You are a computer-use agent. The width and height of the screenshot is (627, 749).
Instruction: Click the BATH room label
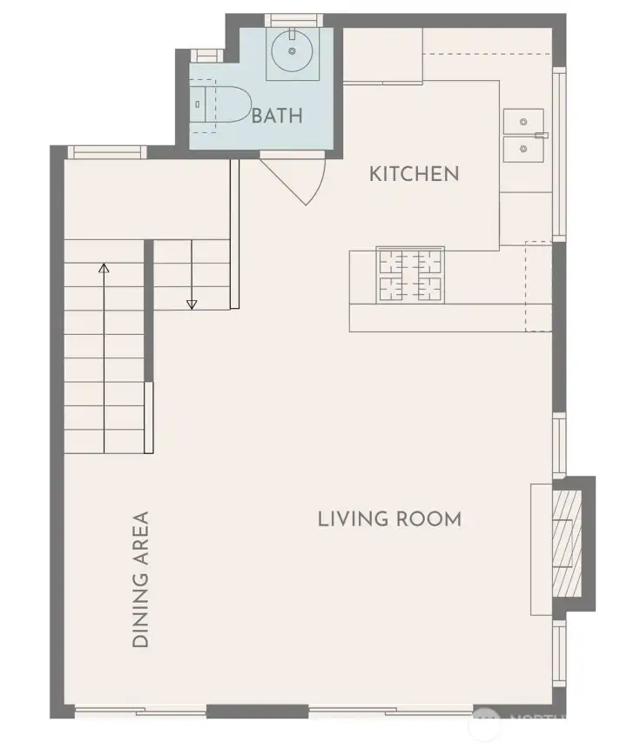(277, 115)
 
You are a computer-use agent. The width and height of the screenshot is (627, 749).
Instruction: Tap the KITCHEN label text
(414, 173)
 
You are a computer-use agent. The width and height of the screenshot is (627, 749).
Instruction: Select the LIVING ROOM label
(388, 519)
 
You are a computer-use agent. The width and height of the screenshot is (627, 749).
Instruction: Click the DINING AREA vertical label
(140, 578)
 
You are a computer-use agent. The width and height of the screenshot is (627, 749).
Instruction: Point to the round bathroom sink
(288, 53)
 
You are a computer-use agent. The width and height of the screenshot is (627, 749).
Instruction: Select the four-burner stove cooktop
(409, 275)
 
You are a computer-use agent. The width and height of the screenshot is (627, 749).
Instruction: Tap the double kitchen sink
(522, 137)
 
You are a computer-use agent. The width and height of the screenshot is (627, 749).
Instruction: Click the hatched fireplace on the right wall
(568, 543)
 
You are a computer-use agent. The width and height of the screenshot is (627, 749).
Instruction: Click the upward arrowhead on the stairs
(104, 270)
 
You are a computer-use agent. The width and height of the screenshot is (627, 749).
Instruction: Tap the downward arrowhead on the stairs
(192, 304)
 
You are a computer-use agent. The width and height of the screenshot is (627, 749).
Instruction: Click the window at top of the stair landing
(107, 151)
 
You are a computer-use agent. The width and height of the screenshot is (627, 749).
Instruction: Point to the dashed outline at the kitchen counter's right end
(538, 286)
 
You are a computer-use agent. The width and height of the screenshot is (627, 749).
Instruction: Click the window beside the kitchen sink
(561, 152)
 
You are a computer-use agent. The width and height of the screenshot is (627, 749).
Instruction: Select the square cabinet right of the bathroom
(382, 55)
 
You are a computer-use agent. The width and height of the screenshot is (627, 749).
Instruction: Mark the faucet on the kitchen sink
(541, 136)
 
